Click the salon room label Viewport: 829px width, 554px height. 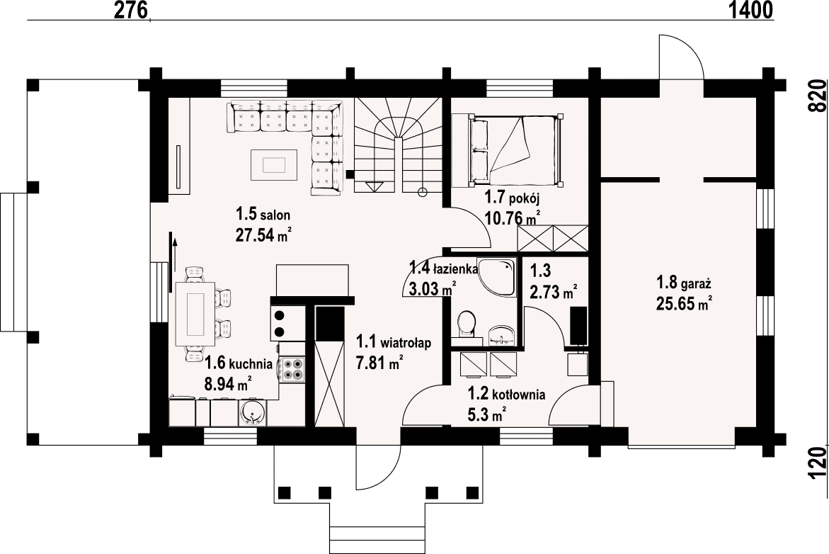pos(263,214)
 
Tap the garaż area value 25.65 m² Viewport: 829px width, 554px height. pos(684,304)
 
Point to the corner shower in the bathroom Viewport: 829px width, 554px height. pos(496,277)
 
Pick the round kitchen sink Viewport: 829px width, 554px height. pos(253,412)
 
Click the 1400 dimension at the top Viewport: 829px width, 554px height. pos(750,9)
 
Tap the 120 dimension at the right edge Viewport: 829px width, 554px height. pos(818,463)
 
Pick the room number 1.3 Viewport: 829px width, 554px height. pos(540,271)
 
